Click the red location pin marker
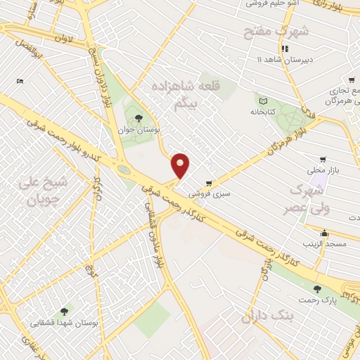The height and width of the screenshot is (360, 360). click(181, 165)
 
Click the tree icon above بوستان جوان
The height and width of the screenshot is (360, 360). click(137, 119)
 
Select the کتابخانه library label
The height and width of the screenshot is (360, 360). click(262, 112)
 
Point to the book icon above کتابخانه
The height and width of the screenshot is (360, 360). click(262, 101)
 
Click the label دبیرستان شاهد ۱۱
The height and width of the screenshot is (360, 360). click(284, 59)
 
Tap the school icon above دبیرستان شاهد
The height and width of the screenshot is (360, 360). click(285, 49)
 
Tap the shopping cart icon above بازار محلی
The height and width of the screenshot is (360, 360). click(323, 160)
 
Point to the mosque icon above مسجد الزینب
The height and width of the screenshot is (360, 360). click(324, 233)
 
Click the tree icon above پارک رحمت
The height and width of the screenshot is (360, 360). click(317, 288)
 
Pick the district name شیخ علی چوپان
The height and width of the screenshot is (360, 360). click(46, 191)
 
